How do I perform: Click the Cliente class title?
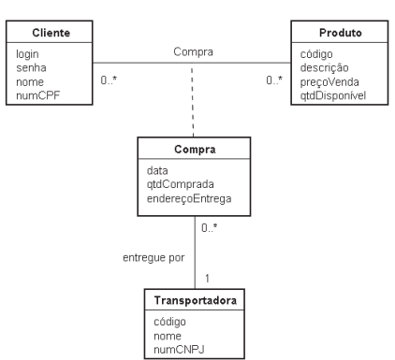point(51,33)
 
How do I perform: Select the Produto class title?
point(341,33)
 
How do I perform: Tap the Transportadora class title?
point(196,300)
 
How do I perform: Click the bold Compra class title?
point(195,150)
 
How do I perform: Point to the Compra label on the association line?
point(193,51)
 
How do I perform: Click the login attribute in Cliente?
point(27,54)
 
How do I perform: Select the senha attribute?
point(31,68)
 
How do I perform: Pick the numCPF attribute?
point(37,95)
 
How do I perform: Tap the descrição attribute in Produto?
point(324,68)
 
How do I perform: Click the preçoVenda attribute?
point(329,82)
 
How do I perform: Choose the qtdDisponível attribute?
point(333,95)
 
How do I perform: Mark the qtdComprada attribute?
point(181,184)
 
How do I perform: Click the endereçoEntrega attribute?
point(189,198)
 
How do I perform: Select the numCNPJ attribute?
point(179,350)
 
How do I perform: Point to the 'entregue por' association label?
point(154,258)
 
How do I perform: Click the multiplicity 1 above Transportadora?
point(208,278)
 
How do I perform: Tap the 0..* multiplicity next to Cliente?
point(109,80)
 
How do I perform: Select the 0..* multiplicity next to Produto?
point(274,80)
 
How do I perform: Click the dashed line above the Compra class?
point(193,100)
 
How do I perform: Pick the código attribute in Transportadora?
point(169,322)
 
